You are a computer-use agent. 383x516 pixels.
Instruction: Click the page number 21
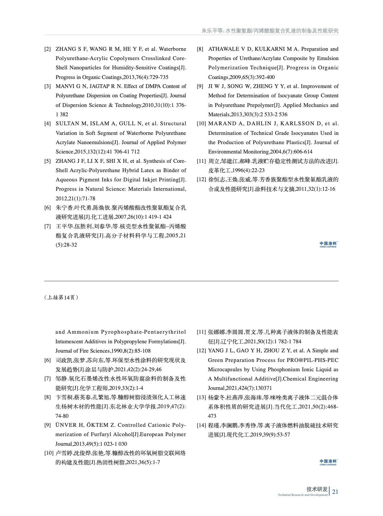(x=335, y=491)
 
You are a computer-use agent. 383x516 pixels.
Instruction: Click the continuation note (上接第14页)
(x=61, y=297)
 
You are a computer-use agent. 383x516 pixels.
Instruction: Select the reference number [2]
(x=47, y=49)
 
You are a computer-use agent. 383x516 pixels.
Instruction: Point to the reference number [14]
(x=201, y=425)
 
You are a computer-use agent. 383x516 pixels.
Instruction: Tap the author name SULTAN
(x=67, y=123)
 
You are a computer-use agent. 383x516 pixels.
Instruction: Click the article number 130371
(x=262, y=388)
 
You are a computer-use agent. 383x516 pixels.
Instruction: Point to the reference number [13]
(x=201, y=398)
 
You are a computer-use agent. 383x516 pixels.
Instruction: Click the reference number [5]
(x=47, y=161)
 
